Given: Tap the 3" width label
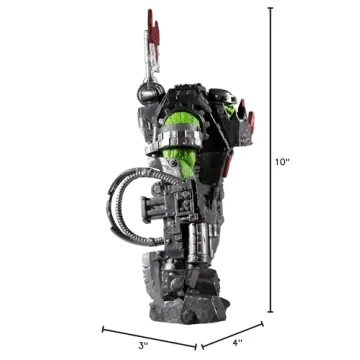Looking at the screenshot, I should [143, 344].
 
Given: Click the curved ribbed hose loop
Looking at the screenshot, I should [125, 205].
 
